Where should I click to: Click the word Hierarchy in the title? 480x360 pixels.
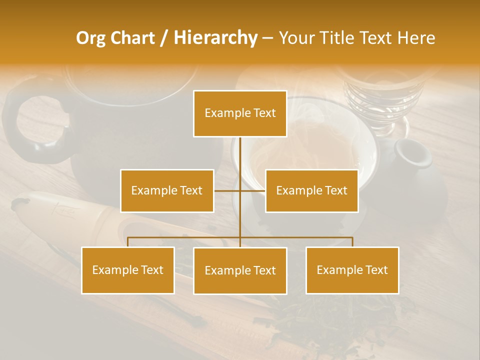click(215, 38)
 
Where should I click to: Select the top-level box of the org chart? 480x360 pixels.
click(240, 113)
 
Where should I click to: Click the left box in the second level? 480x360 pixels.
click(167, 190)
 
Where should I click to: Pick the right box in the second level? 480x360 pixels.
click(311, 190)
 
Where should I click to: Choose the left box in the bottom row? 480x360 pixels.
click(128, 270)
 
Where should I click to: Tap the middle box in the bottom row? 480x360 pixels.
click(240, 270)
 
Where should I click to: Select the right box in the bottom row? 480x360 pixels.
click(352, 270)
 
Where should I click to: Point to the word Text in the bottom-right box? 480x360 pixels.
click(376, 270)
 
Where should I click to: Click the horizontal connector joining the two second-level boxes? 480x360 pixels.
click(240, 190)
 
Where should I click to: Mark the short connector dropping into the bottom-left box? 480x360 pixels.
click(128, 242)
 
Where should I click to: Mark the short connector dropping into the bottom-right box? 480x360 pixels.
click(352, 242)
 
